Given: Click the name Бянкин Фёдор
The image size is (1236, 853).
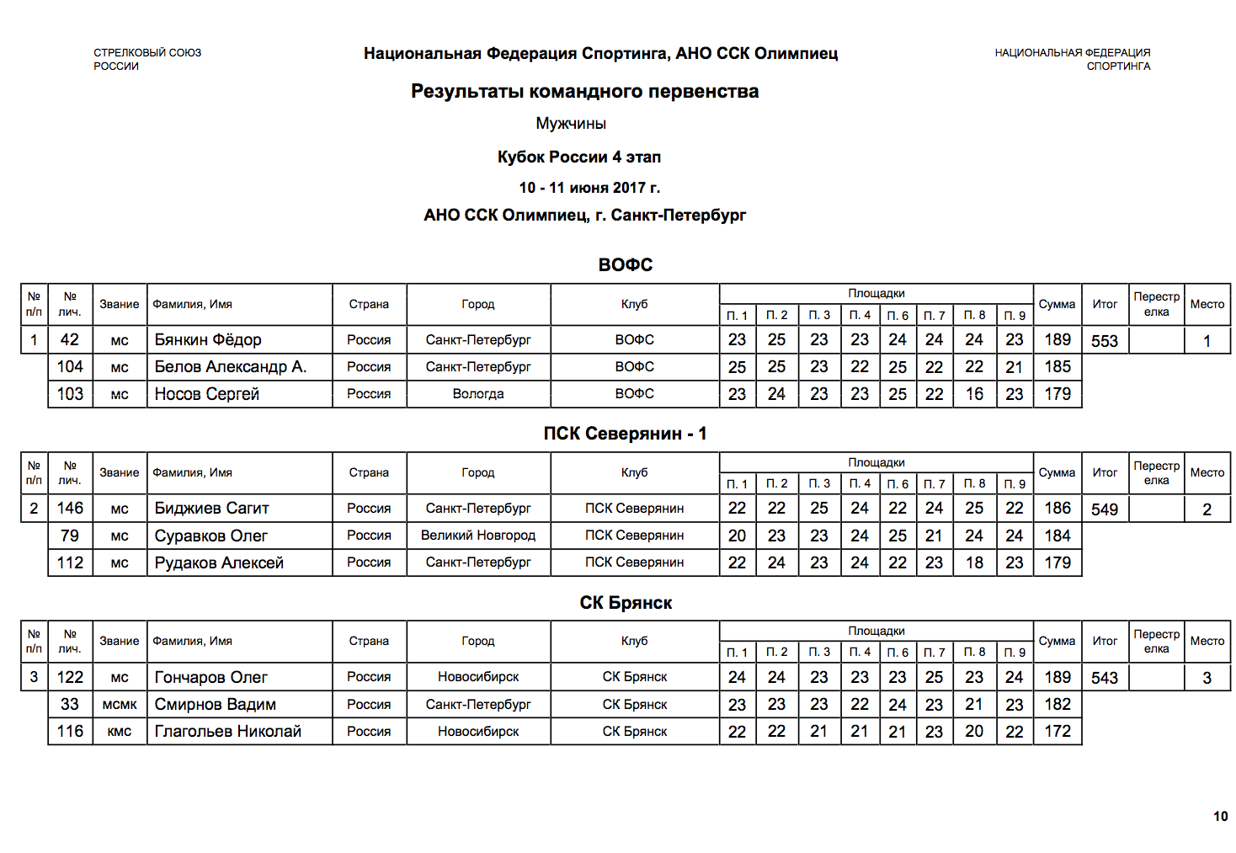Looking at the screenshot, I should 208,340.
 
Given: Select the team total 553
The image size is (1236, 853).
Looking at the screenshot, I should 1105,341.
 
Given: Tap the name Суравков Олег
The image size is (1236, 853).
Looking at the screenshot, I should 210,536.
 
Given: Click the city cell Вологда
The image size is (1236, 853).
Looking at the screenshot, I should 478,394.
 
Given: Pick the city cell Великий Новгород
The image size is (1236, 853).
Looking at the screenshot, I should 478,536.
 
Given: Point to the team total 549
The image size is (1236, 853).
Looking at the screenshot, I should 1105,509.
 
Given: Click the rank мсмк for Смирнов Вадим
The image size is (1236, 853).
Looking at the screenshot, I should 120,705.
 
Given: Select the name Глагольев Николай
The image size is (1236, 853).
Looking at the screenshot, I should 227,732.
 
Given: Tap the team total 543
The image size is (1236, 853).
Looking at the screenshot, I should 1105,678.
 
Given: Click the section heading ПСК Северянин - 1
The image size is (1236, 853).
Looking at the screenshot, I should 625,434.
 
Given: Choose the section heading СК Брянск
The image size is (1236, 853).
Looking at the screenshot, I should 626,603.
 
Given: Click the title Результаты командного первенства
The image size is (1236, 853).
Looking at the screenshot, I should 584,91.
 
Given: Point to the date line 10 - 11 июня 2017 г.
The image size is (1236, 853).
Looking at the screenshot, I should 589,188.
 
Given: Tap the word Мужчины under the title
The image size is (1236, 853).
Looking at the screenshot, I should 571,124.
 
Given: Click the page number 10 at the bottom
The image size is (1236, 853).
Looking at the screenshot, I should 1220,816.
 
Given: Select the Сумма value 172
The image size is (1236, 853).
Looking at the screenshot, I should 1058,732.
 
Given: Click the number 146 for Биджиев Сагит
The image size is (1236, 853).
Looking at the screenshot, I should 70,509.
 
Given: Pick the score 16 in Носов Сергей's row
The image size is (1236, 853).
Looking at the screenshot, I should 974,394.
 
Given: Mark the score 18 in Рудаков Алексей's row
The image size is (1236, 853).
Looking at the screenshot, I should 974,562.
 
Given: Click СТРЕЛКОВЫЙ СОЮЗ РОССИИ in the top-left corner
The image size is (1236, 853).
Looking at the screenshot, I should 147,59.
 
